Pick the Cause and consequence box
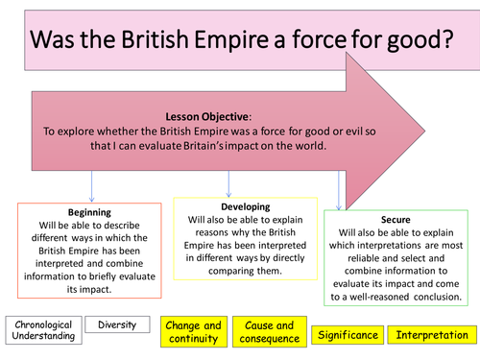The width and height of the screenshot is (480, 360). click(x=269, y=331)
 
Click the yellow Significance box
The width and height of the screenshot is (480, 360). click(x=344, y=335)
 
